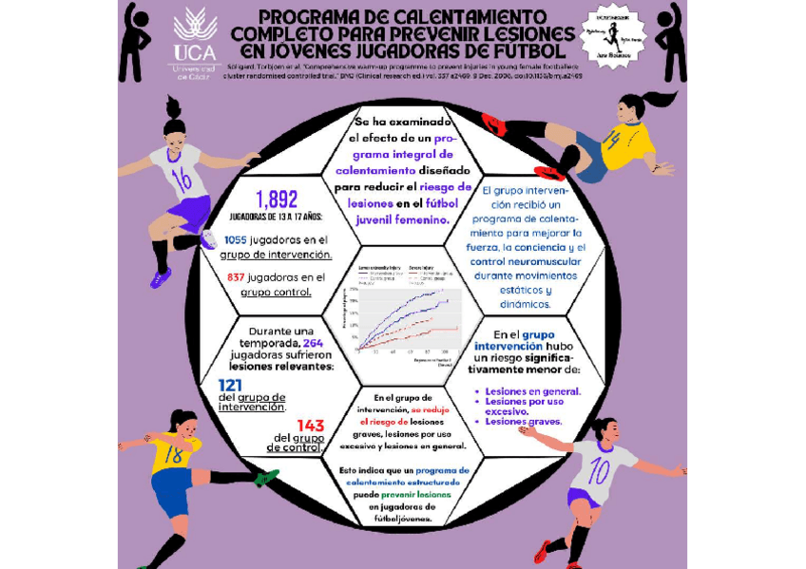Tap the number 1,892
pos(277,199)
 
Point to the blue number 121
pos(230,385)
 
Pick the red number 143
pos(311,426)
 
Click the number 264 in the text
pos(314,343)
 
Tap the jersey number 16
pos(182,179)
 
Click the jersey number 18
pos(173,455)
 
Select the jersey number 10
pos(600,471)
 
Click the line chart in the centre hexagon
pos(406,309)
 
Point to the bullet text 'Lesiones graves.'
pos(524,421)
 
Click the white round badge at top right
pos(611,36)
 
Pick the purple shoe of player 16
pos(161,277)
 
